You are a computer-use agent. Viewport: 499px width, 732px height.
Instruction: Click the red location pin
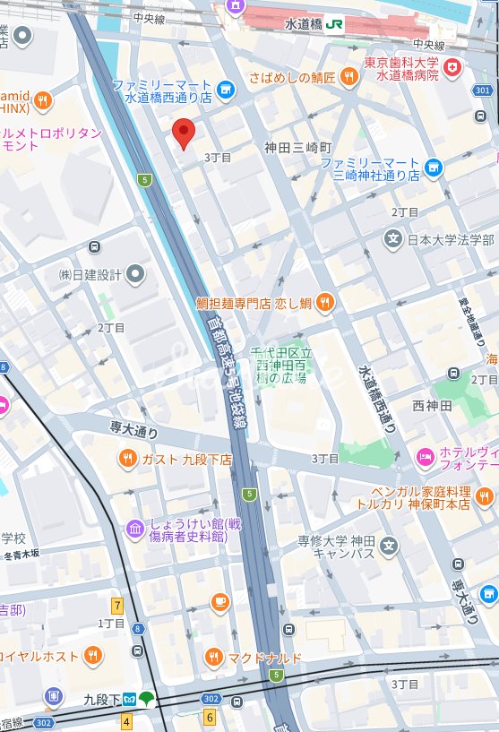click(x=184, y=133)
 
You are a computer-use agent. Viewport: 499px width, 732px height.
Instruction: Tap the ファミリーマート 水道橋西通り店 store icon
click(x=225, y=89)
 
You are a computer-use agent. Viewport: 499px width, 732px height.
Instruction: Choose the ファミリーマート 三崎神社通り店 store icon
click(x=434, y=167)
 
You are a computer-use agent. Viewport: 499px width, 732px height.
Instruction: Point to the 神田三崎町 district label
click(x=297, y=147)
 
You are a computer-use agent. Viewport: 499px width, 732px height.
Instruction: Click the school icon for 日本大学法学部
click(x=392, y=239)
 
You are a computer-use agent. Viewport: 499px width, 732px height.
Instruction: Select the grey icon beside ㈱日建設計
click(x=135, y=273)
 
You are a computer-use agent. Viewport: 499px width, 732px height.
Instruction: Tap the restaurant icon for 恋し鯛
click(x=324, y=303)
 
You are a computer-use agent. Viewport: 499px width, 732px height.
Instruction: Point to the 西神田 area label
click(x=433, y=405)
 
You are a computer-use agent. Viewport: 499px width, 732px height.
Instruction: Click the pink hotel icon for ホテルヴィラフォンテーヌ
click(x=425, y=458)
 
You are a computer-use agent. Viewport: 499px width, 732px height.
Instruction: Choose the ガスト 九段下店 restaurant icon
click(x=128, y=459)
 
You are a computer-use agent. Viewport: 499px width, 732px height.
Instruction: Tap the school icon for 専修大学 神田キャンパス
click(x=388, y=545)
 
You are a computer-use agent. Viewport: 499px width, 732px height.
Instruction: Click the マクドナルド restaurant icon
click(x=213, y=658)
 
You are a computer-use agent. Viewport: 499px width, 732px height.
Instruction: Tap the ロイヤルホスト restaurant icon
click(x=93, y=656)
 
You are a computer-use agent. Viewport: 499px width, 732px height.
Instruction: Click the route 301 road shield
click(x=483, y=90)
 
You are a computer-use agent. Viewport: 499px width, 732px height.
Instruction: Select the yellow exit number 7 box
click(x=116, y=606)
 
